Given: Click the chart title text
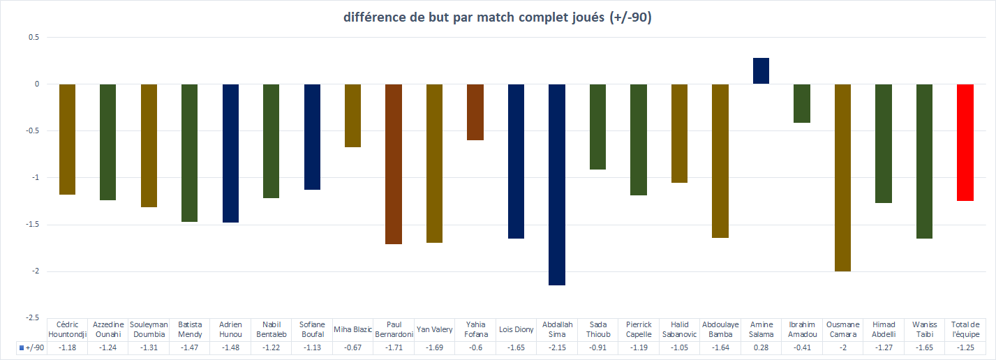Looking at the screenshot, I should click(498, 18).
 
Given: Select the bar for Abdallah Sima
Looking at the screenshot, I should click(557, 184).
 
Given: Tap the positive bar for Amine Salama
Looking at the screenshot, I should click(761, 71).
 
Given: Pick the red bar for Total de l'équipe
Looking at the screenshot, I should click(965, 142).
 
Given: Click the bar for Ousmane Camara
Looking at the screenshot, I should click(842, 177).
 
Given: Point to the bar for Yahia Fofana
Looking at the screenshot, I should click(475, 112).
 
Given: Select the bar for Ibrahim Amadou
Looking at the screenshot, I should click(802, 103).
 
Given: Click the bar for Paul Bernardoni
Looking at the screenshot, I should click(394, 164).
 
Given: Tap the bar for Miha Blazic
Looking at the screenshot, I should click(352, 116).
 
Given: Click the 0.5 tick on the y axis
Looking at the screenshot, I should click(33, 37).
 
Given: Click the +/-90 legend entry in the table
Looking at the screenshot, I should click(31, 347).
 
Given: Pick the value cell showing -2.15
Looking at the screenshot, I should click(557, 347).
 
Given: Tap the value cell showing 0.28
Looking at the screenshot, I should click(761, 347).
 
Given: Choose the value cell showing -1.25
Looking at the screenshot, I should click(965, 347).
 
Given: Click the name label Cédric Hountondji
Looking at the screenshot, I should click(67, 329).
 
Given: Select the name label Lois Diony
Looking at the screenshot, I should click(516, 329).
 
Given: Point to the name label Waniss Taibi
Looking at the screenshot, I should click(924, 329).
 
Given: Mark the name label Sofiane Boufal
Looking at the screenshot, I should click(312, 329).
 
